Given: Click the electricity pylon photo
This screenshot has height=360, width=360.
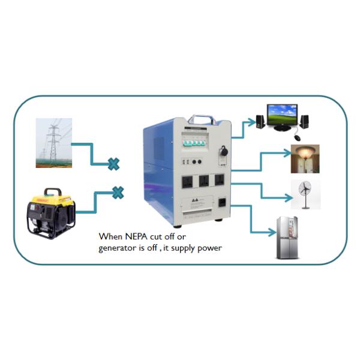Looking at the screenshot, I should [x=53, y=142].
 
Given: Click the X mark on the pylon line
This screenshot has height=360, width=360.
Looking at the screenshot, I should [x=113, y=164].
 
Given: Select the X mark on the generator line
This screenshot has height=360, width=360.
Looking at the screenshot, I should [x=118, y=193].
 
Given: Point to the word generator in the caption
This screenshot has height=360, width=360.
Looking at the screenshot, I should [x=117, y=248].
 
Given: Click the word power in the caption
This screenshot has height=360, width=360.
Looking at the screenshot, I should [x=210, y=248].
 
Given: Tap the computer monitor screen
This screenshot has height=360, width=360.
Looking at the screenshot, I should [x=282, y=113].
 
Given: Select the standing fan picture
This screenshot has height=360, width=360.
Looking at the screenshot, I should [x=305, y=194].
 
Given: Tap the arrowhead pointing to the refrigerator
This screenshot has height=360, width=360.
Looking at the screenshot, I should [x=270, y=232].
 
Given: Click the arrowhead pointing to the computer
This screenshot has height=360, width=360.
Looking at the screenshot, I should [x=251, y=122].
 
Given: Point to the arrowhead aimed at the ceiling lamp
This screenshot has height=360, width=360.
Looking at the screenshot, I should [x=287, y=154].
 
